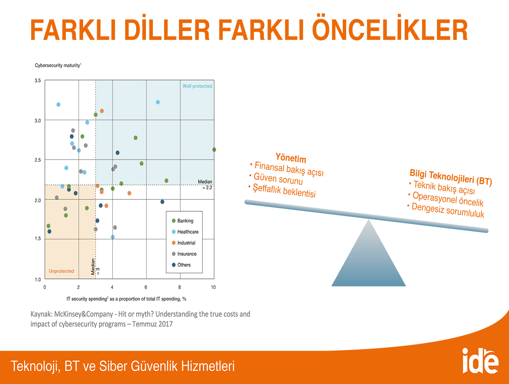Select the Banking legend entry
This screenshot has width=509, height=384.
coord(183,221)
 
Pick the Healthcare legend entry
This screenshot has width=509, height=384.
coord(185,232)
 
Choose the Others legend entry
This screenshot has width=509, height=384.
coord(182,265)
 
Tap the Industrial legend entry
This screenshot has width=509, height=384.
coord(184,243)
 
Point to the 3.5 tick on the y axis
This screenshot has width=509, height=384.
coord(38,81)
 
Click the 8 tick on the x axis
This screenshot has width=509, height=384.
coord(179,287)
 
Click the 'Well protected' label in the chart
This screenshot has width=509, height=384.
coord(197,86)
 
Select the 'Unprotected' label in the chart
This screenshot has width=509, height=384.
coord(62,271)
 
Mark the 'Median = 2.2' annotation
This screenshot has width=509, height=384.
coord(205,185)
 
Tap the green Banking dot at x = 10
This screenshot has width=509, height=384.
coord(214,150)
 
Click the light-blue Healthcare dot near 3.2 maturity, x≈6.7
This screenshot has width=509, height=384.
coord(158,102)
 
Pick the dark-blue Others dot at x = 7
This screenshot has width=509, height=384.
coord(162,202)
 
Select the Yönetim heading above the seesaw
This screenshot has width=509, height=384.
coord(291,158)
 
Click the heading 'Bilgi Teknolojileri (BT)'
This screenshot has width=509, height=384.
coord(451,177)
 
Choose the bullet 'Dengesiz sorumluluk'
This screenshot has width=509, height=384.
coord(446,210)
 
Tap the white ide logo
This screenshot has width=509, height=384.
coord(480,361)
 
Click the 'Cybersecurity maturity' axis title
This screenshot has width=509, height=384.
coord(58,65)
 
